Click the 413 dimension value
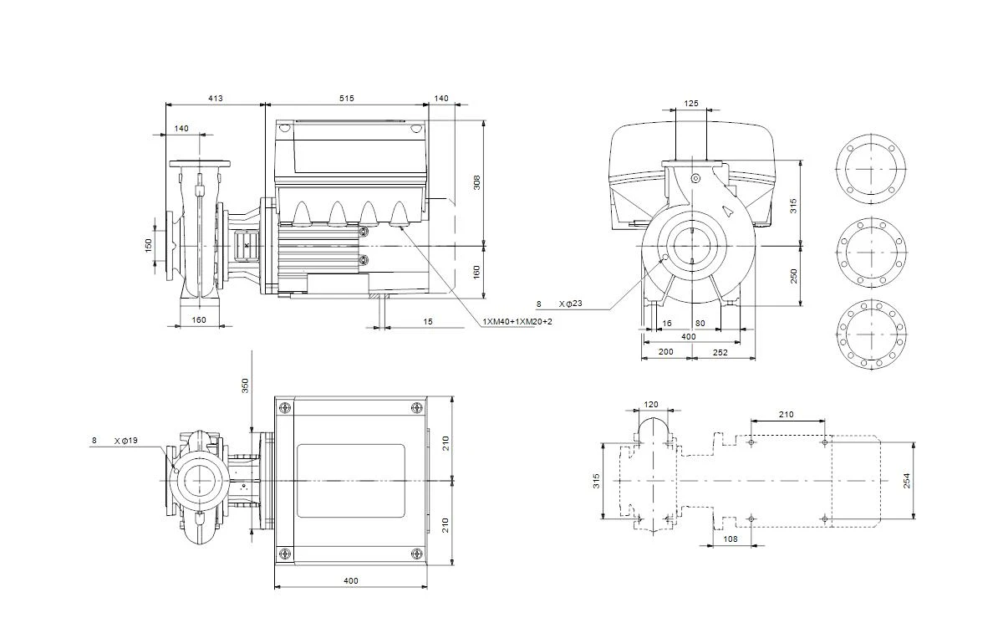pos(216,98)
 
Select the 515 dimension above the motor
pos(347,98)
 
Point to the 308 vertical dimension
pos(476,182)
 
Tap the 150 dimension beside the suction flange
pos(149,245)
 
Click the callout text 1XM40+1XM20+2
pos(517,322)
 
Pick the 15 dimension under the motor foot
pos(428,322)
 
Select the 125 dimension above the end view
pos(691,104)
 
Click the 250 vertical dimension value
pos(793,276)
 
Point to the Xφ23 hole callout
pos(570,304)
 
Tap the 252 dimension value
pos(720,353)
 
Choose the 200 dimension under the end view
pos(666,351)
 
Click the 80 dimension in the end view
pos(700,323)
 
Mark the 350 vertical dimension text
pos(245,386)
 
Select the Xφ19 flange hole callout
pos(126,441)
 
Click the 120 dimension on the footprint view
pos(651,405)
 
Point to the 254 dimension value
pos(907,481)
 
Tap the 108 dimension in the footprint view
pos(731,539)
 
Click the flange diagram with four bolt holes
pos(871,169)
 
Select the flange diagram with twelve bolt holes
pos(871,334)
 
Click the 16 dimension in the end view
pos(667,323)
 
